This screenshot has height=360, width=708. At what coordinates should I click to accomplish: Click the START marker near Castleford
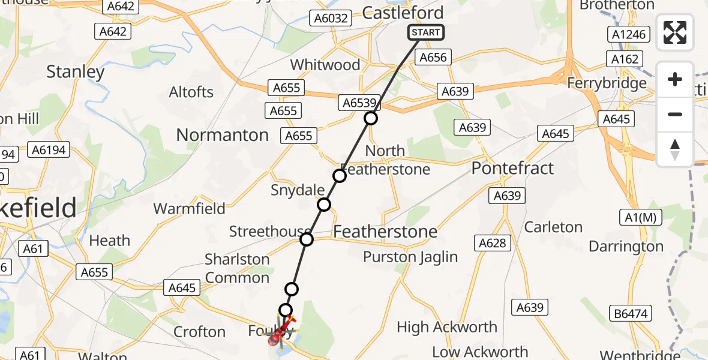pos(426,32)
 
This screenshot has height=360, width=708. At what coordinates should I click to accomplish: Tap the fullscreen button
pos(675,32)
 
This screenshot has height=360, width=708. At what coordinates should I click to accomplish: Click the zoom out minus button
pos(675,114)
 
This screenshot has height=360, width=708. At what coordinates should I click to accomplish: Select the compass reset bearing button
pos(675,149)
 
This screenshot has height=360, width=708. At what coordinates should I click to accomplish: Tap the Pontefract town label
pos(512,168)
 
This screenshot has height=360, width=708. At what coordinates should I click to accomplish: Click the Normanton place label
pos(222,135)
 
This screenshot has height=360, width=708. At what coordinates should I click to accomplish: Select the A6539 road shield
pos(359,103)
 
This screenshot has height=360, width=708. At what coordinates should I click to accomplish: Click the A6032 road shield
pos(331,18)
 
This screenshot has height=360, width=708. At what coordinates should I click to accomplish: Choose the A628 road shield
pos(493,243)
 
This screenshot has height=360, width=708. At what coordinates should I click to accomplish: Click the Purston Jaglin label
pos(410,257)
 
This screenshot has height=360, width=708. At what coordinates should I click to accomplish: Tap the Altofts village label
pos(191,92)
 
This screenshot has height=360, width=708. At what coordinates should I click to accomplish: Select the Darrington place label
pos(626,247)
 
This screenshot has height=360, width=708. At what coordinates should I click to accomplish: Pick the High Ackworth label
pos(447,327)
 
